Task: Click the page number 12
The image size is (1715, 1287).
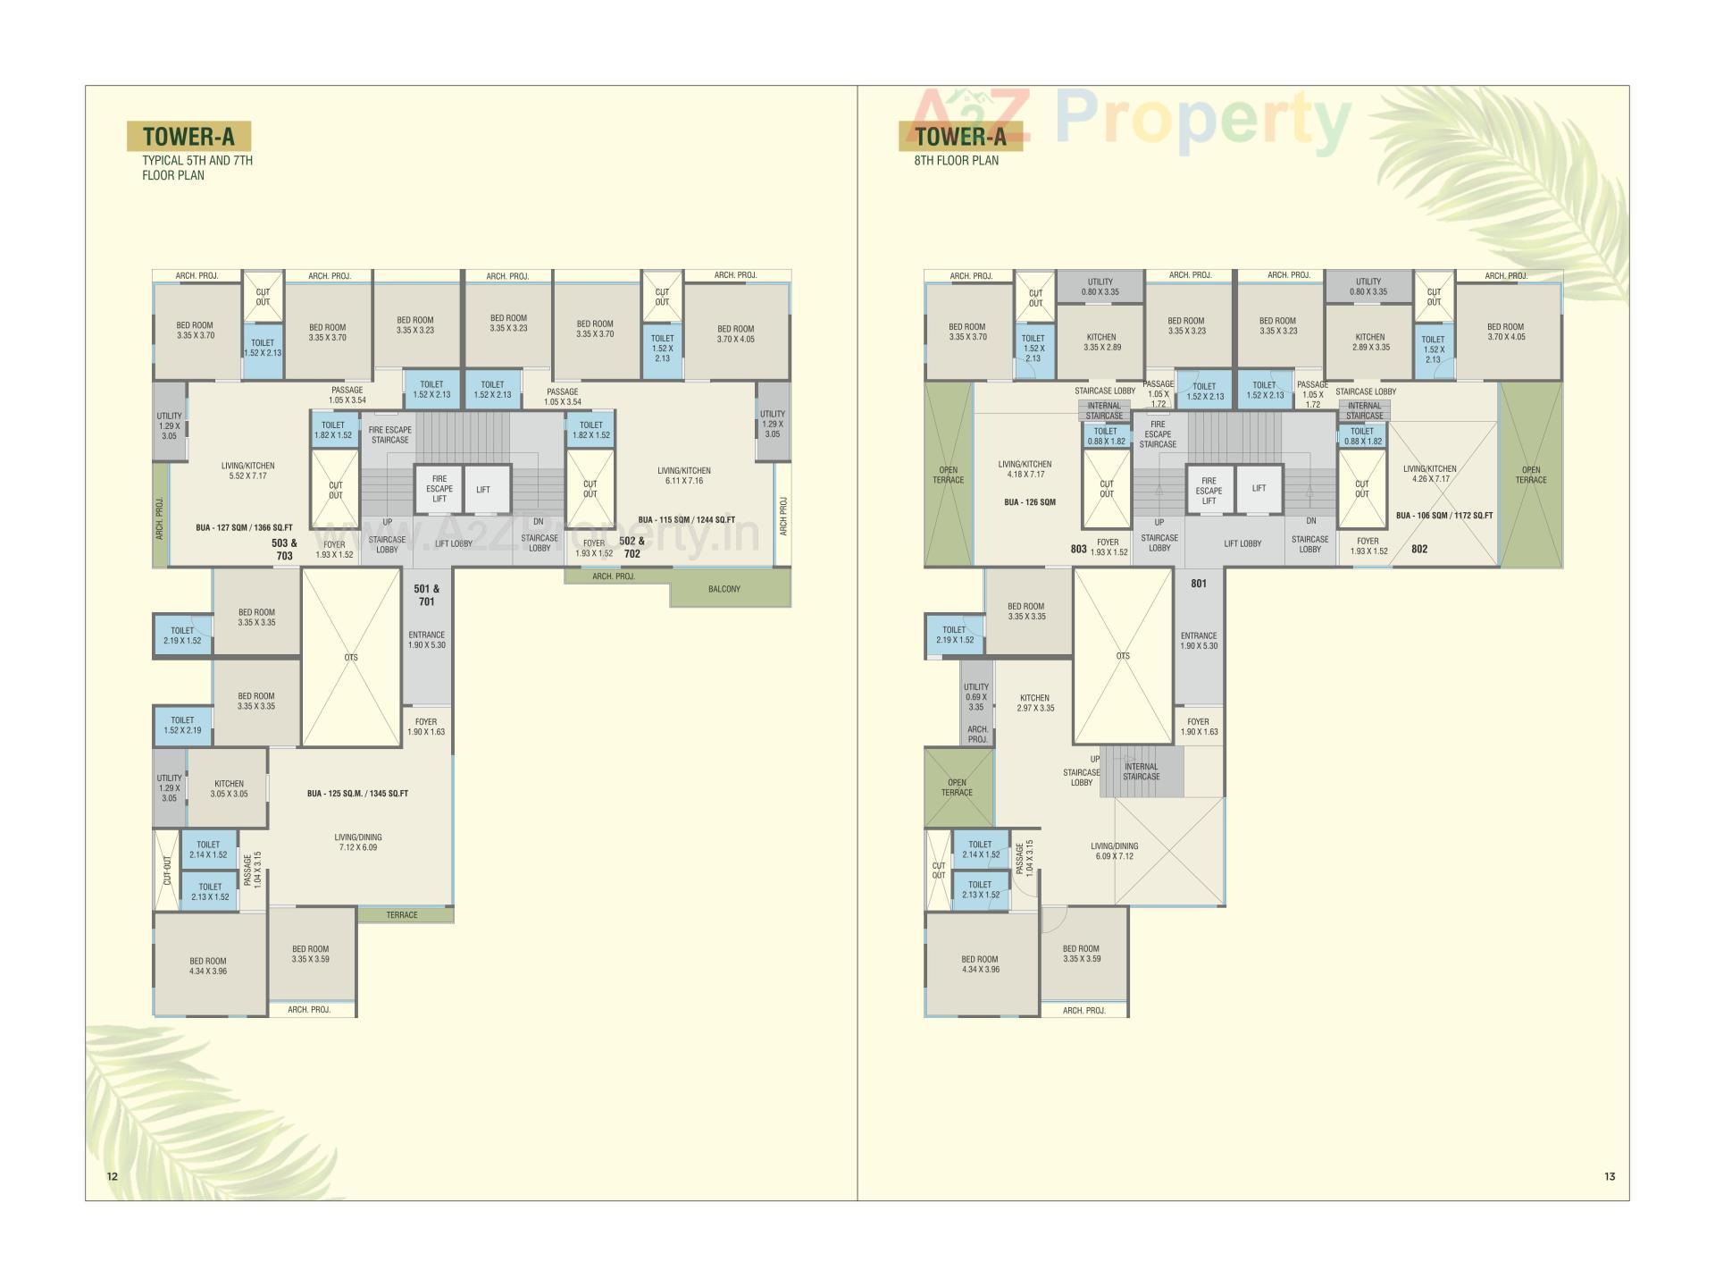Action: (x=113, y=1176)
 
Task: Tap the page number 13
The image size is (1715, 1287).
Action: (x=1610, y=1176)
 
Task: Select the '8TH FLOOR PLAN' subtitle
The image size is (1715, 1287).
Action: (x=956, y=161)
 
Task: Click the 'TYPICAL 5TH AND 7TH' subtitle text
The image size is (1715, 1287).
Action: (x=197, y=161)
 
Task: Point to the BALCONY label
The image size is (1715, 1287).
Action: (x=724, y=589)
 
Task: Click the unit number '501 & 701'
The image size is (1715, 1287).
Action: (x=427, y=595)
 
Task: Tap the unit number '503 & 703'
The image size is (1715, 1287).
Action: (x=285, y=549)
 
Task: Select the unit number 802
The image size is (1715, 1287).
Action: (x=1419, y=549)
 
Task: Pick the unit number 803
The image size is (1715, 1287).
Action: (x=1079, y=549)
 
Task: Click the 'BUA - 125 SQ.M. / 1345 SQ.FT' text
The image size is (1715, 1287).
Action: (x=357, y=794)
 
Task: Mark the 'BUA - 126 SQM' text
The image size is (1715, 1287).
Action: (x=1030, y=502)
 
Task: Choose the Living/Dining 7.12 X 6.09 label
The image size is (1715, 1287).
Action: (x=358, y=842)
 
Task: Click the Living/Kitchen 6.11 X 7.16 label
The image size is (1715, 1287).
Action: (x=684, y=475)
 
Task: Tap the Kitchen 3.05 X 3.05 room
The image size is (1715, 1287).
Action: (x=229, y=788)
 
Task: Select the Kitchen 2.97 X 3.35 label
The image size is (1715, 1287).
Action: (x=1035, y=702)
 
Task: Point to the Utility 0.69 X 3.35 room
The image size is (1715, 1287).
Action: (x=976, y=697)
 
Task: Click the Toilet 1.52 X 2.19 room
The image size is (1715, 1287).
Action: (x=182, y=725)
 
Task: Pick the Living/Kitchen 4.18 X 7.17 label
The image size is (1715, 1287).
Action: (x=1025, y=469)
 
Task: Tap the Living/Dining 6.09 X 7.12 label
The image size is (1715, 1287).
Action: (x=1114, y=851)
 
